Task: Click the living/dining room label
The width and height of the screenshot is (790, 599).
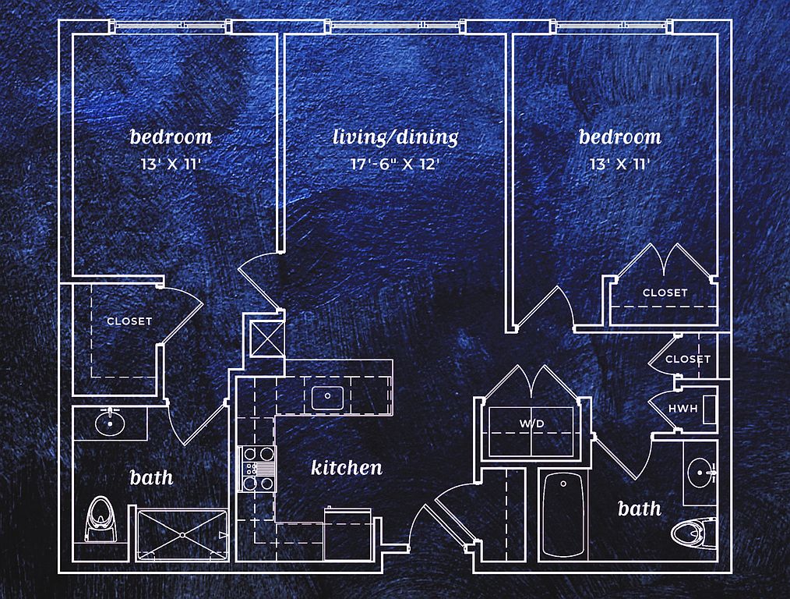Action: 396,137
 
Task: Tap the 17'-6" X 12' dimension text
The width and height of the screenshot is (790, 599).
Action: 396,164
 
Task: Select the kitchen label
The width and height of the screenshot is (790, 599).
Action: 347,467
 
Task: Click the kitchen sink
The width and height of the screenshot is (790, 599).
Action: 327,397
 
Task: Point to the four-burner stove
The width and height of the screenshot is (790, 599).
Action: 258,469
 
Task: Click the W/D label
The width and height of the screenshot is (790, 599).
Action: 532,424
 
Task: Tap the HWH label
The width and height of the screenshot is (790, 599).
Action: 682,409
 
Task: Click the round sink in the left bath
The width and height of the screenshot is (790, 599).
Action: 109,423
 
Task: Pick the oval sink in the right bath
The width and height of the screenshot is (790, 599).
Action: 700,473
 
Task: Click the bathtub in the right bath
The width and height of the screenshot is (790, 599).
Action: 563,515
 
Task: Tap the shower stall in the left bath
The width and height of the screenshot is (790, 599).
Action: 182,535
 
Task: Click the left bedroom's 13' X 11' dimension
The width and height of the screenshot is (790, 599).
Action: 171,164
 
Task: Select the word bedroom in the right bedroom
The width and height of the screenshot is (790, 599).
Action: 619,136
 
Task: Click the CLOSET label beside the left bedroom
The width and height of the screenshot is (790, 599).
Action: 129,321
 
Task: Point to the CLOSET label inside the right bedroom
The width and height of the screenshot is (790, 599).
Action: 665,292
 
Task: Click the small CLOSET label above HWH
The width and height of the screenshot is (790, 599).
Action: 688,359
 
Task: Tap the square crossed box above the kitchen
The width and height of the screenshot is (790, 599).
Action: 267,338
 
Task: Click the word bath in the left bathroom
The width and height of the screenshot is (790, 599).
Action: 151,477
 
